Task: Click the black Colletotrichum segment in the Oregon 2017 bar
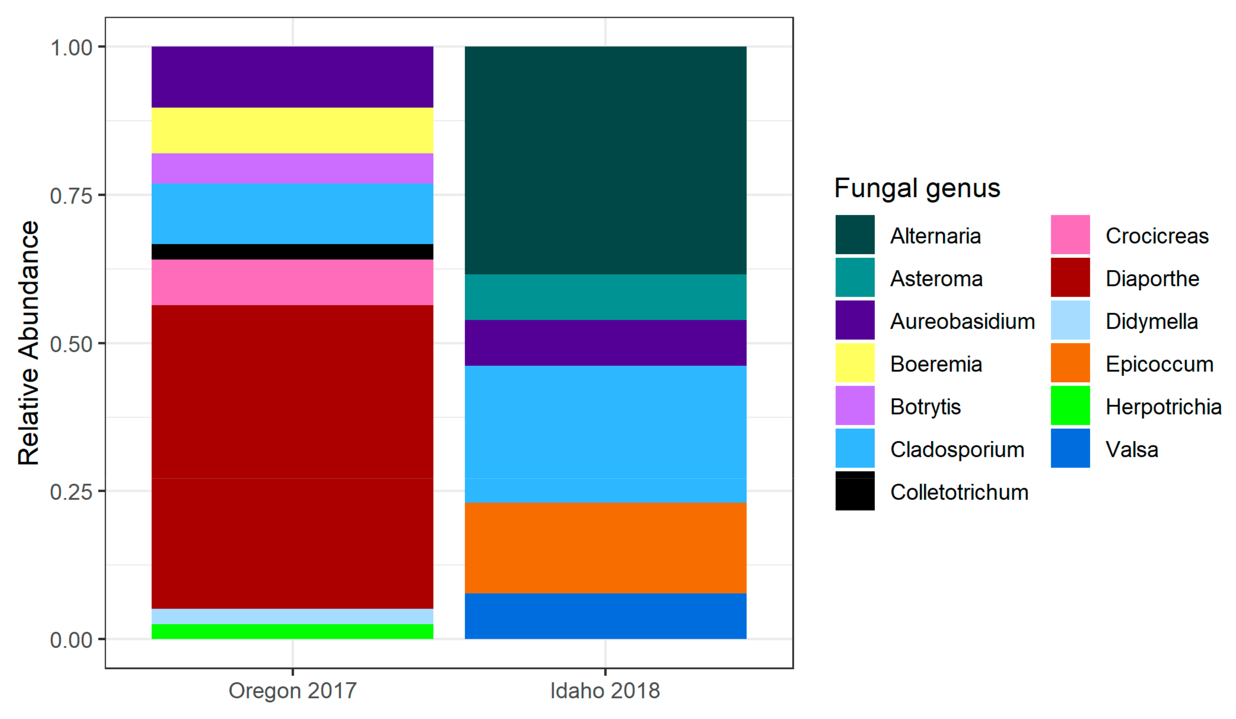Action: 292,252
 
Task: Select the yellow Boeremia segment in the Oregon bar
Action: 292,131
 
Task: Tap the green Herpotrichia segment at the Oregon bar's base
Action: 292,632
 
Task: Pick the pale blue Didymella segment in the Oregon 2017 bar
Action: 292,616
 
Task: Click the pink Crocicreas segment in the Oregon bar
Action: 292,282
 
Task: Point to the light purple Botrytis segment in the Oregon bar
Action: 292,168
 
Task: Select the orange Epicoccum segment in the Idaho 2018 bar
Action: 605,548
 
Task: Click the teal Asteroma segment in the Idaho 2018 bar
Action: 605,297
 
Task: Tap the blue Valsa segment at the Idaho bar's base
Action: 605,616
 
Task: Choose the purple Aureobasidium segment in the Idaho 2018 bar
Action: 605,343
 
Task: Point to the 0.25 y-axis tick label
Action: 71,492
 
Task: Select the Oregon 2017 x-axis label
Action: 292,691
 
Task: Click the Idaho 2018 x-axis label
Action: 605,691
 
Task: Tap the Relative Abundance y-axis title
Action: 28,343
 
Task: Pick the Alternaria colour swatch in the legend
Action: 855,234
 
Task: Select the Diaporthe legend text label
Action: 1152,278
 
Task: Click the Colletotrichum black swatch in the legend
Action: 855,491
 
